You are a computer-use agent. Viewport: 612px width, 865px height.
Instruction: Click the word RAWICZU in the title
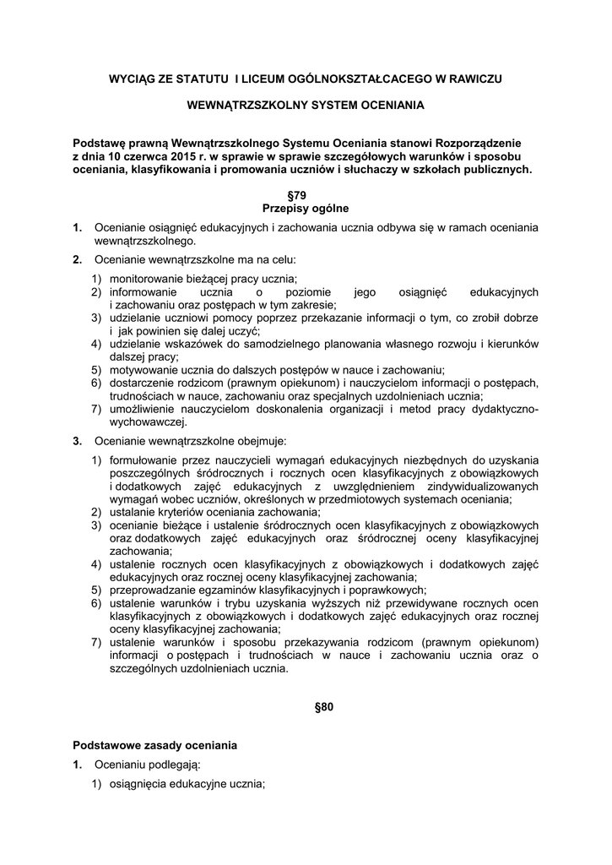(x=475, y=79)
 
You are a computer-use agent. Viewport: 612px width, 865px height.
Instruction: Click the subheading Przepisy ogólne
(x=306, y=208)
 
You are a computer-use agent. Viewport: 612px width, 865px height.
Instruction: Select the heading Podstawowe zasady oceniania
(x=155, y=745)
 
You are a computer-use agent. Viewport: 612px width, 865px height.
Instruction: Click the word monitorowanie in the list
(x=146, y=279)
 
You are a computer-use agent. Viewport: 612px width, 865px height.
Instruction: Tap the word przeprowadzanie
(x=153, y=590)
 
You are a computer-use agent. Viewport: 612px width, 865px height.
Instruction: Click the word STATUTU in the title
(x=199, y=79)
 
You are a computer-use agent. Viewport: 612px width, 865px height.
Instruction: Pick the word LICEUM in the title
(x=269, y=79)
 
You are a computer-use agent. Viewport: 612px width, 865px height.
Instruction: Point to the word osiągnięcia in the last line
(x=142, y=784)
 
